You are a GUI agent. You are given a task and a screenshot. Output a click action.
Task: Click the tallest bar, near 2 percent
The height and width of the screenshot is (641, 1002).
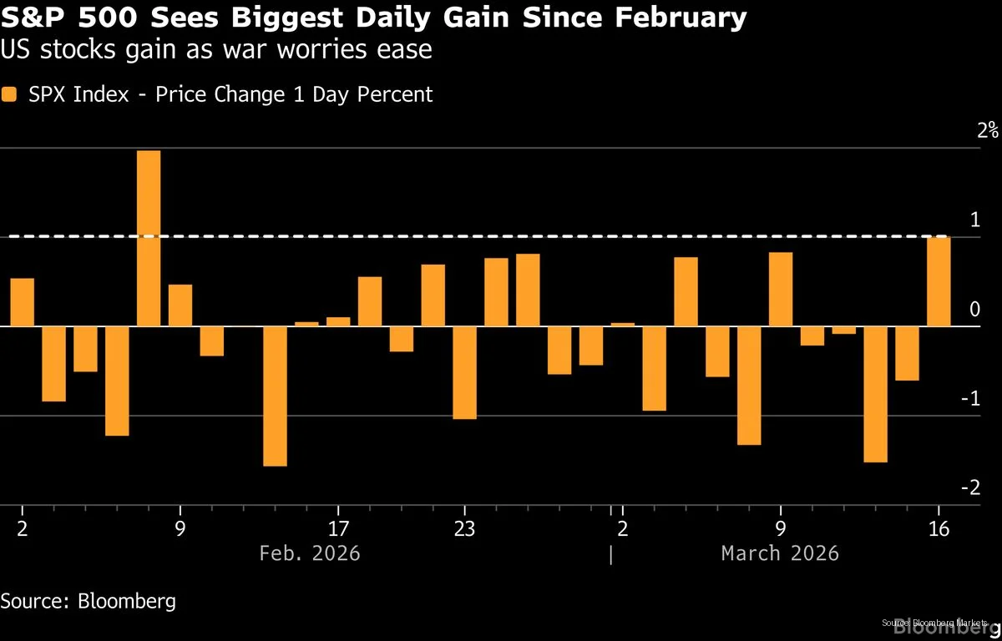149,238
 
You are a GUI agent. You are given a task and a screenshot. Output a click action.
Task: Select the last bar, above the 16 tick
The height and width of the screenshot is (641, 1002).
939,281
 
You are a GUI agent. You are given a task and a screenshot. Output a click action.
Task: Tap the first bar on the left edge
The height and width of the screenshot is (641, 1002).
23,302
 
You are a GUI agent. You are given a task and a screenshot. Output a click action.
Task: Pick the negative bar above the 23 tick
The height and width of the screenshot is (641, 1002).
464,372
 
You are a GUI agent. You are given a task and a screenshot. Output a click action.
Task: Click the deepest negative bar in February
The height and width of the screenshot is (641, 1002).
275,396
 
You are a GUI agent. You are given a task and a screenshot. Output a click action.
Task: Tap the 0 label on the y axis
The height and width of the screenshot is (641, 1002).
974,310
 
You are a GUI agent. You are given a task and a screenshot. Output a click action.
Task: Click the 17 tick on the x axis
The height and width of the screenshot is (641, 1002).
338,528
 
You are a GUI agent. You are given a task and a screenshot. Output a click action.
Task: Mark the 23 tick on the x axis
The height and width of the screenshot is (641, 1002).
464,528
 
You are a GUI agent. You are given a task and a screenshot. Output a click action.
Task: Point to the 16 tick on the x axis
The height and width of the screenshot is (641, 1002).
939,528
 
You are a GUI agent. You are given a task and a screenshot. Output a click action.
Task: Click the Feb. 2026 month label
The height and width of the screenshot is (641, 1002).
310,553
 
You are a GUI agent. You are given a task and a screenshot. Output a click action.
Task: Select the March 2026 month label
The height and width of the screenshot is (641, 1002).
780,553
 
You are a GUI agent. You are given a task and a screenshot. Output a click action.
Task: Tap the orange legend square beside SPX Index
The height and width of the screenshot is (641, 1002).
9,95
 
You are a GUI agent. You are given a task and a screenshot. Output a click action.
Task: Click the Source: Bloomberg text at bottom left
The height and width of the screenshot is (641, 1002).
89,601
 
